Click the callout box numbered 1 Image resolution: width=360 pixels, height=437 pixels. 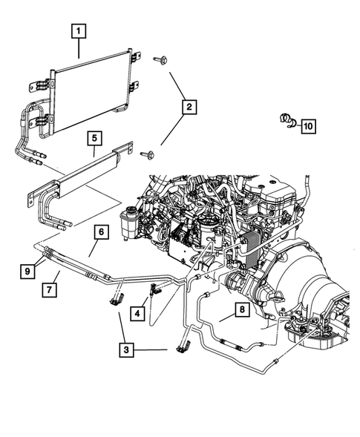click(x=79, y=31)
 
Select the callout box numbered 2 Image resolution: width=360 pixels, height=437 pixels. click(x=190, y=109)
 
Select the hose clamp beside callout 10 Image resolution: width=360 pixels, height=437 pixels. click(x=285, y=118)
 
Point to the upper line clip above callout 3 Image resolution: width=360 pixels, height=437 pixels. click(x=116, y=298)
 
